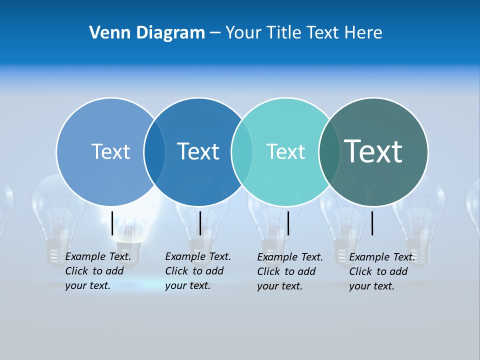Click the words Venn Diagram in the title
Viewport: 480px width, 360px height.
(x=147, y=33)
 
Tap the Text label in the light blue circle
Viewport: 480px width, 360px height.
(x=110, y=151)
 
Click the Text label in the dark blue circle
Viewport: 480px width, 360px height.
(x=198, y=151)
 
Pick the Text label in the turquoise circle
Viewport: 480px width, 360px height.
(x=285, y=151)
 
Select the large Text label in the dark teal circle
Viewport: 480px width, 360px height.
(x=373, y=151)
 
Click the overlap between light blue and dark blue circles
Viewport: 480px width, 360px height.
(x=154, y=151)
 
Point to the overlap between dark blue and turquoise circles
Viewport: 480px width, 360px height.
(x=242, y=151)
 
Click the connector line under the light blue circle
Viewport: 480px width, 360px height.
(x=112, y=223)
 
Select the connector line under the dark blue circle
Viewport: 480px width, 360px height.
(x=200, y=223)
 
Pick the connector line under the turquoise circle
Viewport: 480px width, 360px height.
(x=288, y=223)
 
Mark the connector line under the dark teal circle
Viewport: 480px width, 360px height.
(x=372, y=223)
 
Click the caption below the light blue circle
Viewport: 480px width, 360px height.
(x=98, y=271)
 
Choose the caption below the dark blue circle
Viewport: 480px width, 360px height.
(x=198, y=271)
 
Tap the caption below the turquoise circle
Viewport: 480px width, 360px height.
(x=290, y=271)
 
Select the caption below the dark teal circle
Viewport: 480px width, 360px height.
(x=382, y=271)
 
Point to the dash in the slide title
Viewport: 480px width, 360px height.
(x=215, y=33)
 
